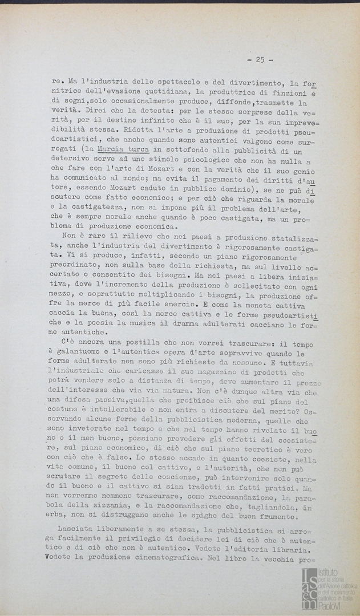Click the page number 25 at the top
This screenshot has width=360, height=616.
260,59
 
